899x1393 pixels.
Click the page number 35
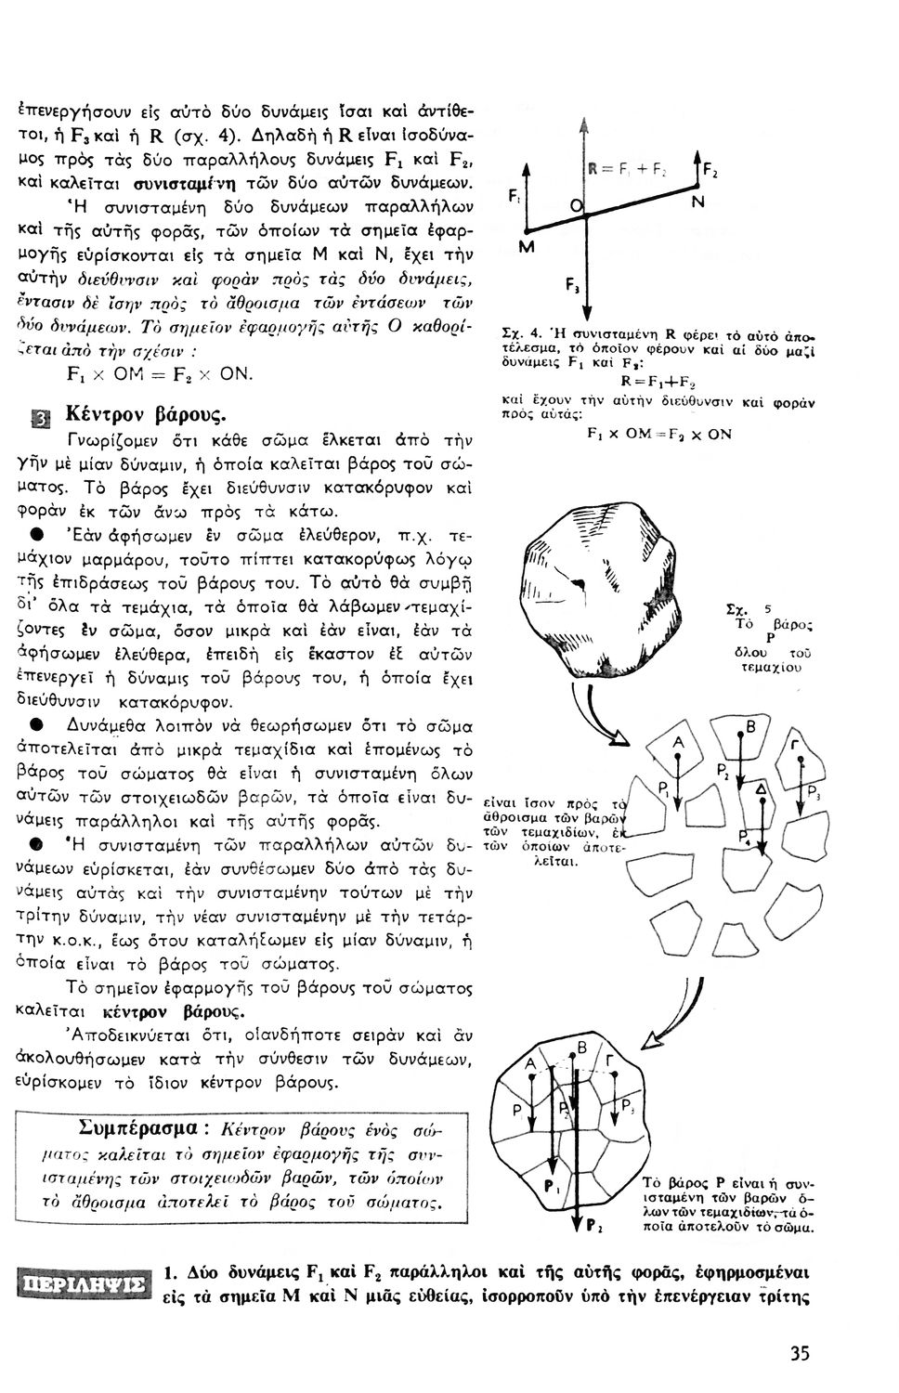(800, 1353)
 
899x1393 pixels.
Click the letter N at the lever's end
(696, 200)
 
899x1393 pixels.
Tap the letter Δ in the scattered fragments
(762, 788)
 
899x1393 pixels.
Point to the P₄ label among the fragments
(744, 837)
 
